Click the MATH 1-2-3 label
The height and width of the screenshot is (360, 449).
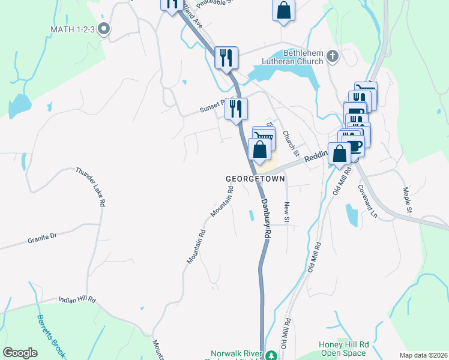72,29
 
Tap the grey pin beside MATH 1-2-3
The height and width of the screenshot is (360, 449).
104,28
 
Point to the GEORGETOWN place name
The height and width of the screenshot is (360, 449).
255,179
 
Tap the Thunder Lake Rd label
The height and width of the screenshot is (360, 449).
91,187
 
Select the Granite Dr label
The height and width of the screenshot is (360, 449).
41,237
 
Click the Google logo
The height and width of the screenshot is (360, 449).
20,353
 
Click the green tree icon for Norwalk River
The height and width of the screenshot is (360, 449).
271,356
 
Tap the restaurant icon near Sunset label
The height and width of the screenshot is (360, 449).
237,109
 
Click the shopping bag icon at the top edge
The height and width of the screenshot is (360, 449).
283,11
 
